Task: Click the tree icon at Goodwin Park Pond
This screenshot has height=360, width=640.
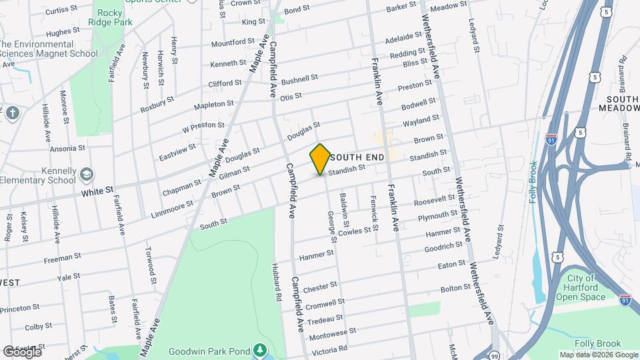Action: click(x=259, y=350)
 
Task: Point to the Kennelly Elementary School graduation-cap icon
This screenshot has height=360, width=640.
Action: click(x=86, y=175)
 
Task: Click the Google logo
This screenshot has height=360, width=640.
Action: click(x=22, y=352)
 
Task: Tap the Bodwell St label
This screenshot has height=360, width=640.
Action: click(x=418, y=105)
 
